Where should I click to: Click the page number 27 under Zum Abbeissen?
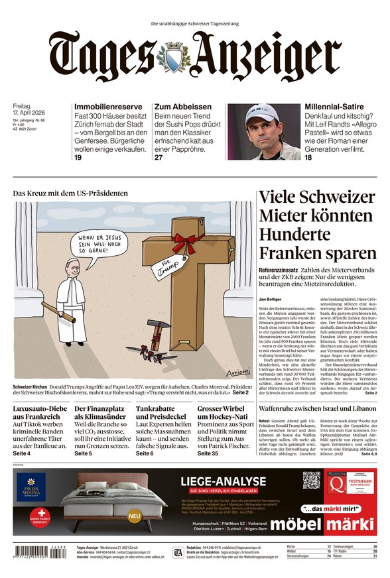point(159,158)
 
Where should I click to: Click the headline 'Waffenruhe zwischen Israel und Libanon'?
point(317,409)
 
